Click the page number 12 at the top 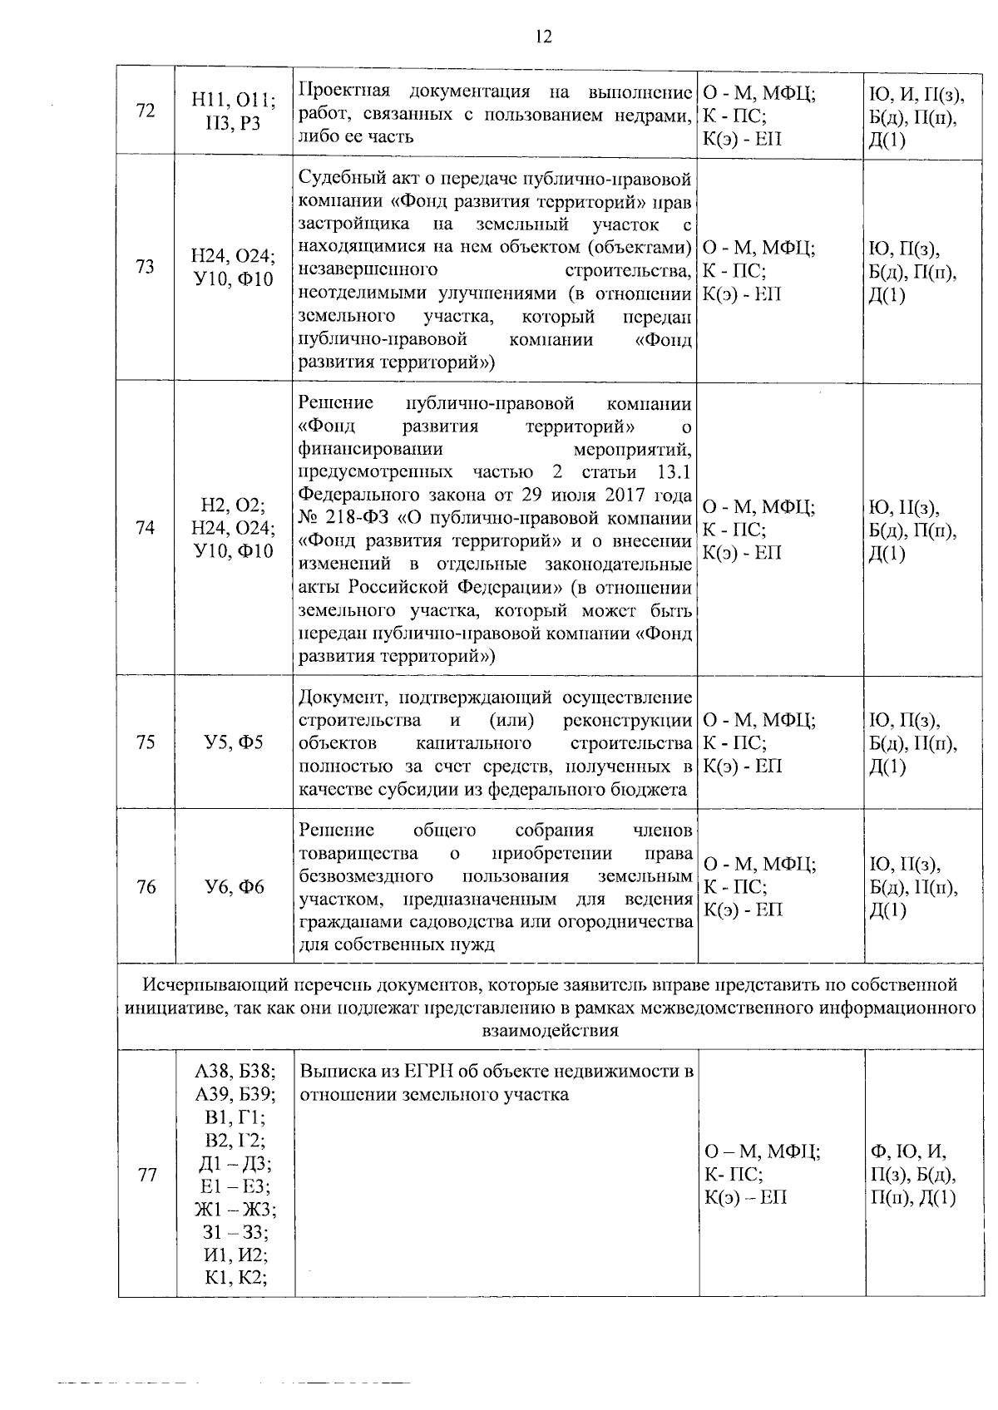(x=544, y=37)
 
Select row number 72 (x=146, y=111)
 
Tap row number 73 (x=146, y=268)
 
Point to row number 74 (x=146, y=527)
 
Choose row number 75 (x=146, y=742)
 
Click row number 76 (x=146, y=887)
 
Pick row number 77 (x=147, y=1175)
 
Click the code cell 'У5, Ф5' (x=233, y=742)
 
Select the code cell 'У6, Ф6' (x=234, y=887)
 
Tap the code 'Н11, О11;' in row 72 (x=233, y=100)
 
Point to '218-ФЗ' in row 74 (x=354, y=519)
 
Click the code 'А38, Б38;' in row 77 (x=235, y=1072)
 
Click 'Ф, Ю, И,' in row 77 (x=908, y=1151)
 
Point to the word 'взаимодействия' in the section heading (x=550, y=1031)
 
